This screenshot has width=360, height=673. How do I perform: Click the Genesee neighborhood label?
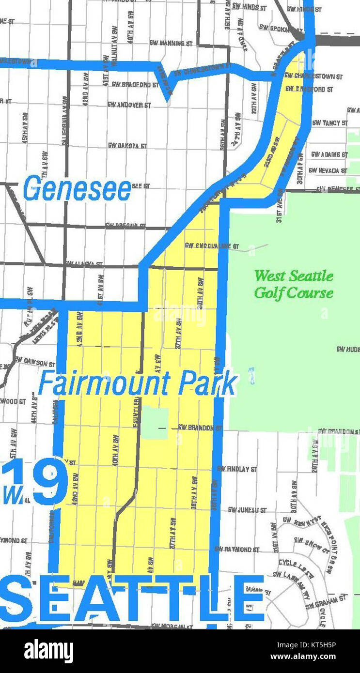coord(78,189)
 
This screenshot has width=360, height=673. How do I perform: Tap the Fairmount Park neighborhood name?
coord(138,384)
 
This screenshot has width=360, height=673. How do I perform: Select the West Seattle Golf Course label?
coord(294,284)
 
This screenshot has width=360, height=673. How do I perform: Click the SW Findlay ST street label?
coord(237,469)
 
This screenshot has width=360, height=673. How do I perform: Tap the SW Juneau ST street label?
coord(247,510)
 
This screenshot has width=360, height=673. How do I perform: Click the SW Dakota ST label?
coord(127,145)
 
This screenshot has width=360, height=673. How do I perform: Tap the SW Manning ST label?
coord(171,43)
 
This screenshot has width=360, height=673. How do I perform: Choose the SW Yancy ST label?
coord(329,123)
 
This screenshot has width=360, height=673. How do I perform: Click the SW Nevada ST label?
coord(328,170)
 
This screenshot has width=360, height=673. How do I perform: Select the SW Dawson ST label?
coord(35,360)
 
